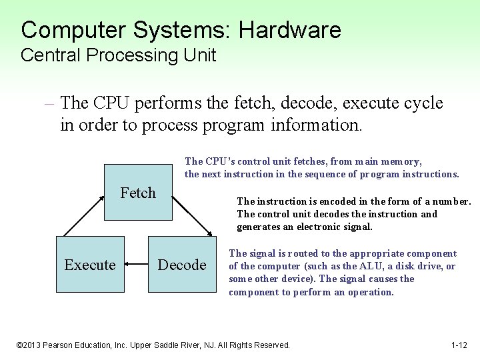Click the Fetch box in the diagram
pos(138,193)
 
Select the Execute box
pos(90,265)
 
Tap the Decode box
pos(181,265)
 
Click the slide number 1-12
pos(459,345)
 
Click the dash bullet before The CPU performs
pos(50,103)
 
